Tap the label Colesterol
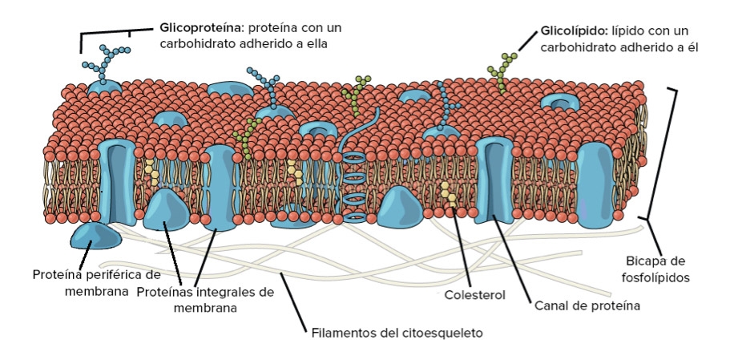(x=475, y=295)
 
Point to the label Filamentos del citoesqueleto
(x=397, y=331)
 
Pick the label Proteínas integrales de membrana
(x=205, y=299)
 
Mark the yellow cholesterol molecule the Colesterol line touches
(x=447, y=193)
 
